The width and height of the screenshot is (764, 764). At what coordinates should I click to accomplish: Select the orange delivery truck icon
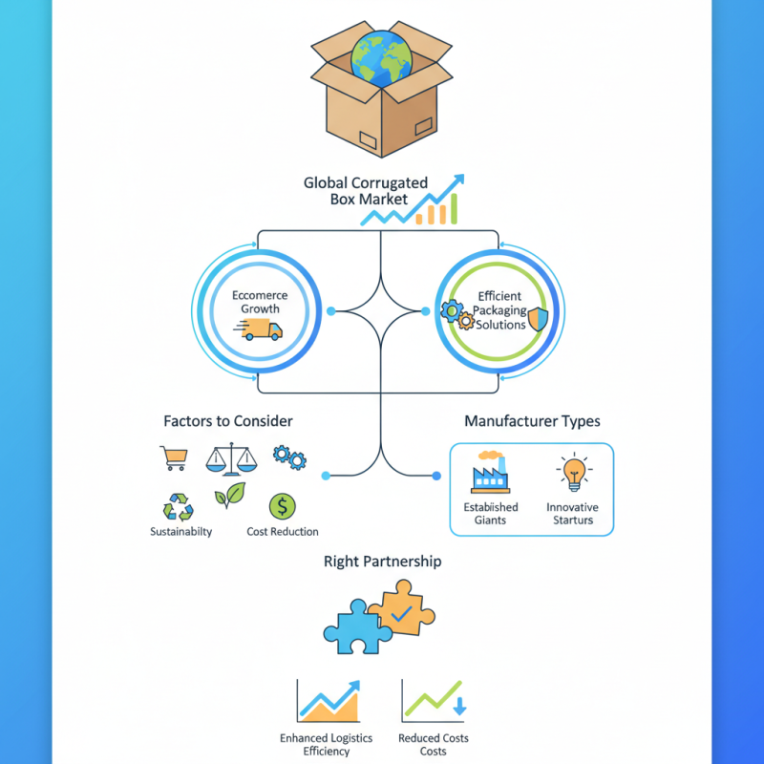point(264,329)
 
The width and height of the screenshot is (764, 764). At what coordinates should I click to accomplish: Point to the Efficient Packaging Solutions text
point(499,311)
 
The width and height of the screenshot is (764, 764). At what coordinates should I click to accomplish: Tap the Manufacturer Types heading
point(532,421)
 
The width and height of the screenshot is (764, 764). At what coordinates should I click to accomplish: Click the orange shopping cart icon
point(173,459)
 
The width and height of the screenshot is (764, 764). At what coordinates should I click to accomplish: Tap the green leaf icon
point(229,498)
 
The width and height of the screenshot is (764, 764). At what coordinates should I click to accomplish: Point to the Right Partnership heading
point(382,562)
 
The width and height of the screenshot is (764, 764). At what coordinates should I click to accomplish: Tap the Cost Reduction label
point(283,532)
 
